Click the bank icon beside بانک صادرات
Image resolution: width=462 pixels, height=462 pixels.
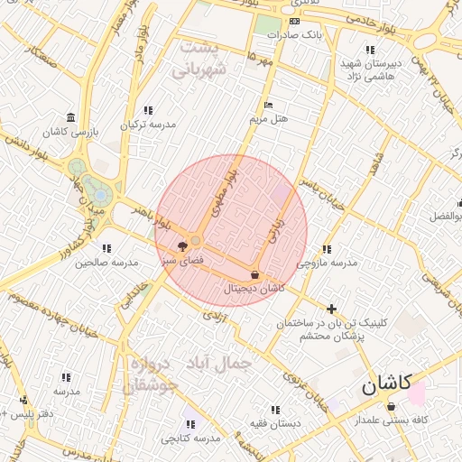294,22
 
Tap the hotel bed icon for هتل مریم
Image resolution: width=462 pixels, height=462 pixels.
267,104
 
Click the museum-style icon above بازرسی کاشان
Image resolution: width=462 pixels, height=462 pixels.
70,117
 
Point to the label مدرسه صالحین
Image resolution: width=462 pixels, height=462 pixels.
106,263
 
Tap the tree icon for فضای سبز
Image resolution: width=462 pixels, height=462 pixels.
182,245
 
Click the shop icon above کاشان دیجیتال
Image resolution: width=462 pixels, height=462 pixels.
255,274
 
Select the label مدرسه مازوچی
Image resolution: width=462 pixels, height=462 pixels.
327,263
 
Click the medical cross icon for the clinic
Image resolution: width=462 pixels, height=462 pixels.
332,308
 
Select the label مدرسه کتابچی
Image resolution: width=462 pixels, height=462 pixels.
191,439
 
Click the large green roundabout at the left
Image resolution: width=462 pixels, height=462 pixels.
76,168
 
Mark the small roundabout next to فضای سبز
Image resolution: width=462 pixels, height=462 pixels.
196,240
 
